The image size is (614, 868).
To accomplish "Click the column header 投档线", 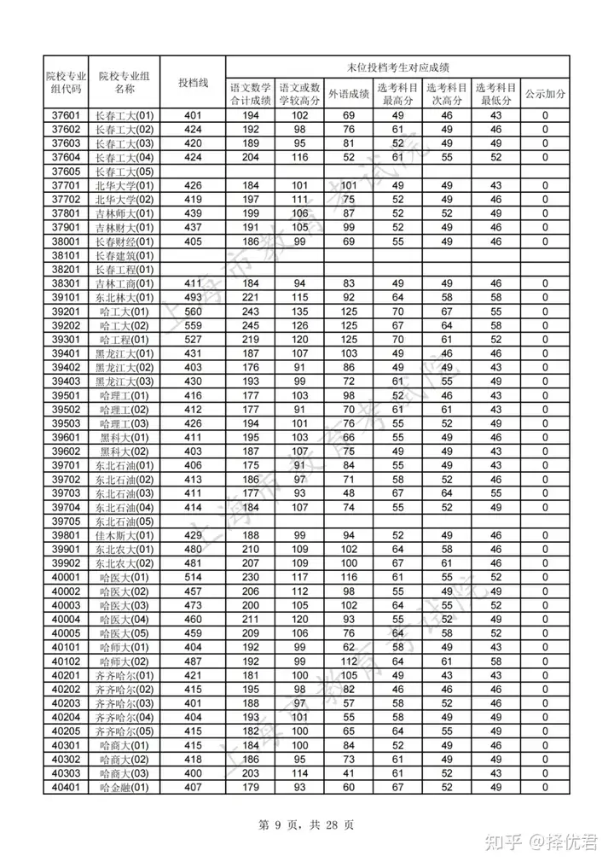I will (193, 82).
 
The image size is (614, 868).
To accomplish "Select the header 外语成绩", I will (349, 94).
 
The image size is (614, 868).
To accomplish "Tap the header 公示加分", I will (545, 94).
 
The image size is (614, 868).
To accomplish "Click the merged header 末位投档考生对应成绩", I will (398, 66).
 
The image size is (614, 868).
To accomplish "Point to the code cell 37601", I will (66, 116).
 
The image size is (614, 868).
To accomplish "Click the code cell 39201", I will (66, 312).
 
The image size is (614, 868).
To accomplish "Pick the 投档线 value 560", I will (193, 312).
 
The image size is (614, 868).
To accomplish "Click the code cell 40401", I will (66, 787).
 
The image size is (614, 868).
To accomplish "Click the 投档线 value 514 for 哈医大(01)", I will (193, 577).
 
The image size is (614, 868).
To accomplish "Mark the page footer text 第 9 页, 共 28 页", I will (306, 824).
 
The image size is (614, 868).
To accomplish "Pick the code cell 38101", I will (66, 255).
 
